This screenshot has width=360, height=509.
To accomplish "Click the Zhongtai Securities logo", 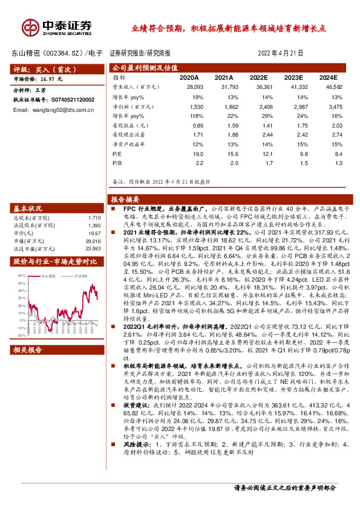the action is click(57, 27).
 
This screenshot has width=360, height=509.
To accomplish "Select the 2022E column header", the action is click(258, 78).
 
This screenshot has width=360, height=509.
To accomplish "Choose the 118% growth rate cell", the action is click(196, 115).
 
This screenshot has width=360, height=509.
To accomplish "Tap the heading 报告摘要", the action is click(125, 199).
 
